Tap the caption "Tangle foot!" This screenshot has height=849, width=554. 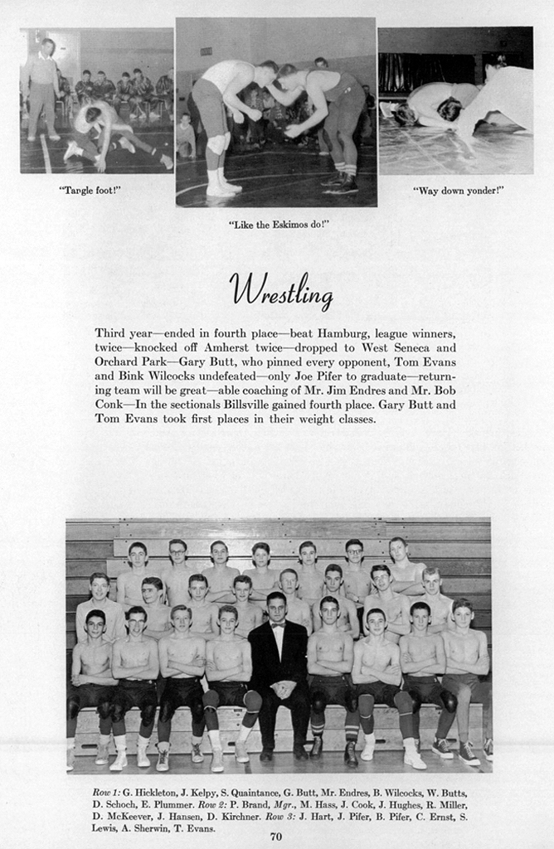(x=90, y=190)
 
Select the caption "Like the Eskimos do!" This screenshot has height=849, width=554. (x=279, y=224)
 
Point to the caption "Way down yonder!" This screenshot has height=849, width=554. (x=458, y=190)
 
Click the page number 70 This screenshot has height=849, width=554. (x=276, y=836)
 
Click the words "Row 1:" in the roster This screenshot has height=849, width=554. (x=105, y=793)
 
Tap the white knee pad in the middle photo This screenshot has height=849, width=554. (x=216, y=143)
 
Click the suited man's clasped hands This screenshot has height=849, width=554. (x=279, y=687)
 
